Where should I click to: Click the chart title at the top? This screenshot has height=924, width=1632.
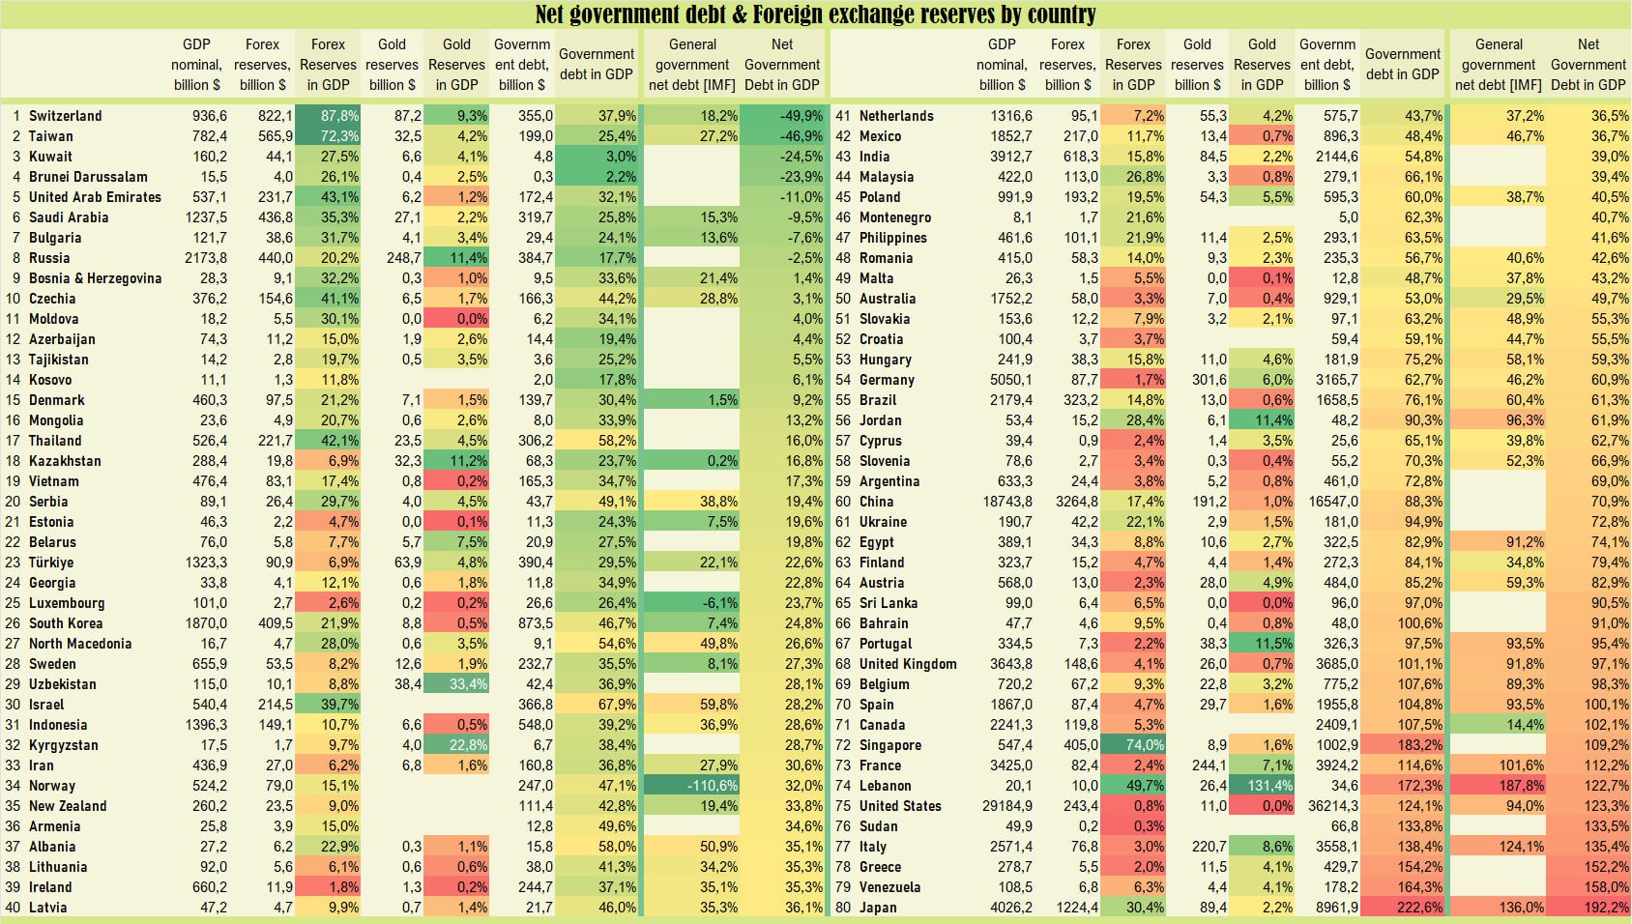(x=815, y=14)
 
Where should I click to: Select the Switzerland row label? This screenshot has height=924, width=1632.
(x=65, y=116)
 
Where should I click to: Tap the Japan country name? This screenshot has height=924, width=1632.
(x=878, y=908)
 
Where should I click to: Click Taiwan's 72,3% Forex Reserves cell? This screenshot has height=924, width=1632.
(x=329, y=136)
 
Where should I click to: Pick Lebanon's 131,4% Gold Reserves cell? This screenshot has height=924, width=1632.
(x=1263, y=786)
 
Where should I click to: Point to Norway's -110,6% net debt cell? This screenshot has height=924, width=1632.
(x=691, y=786)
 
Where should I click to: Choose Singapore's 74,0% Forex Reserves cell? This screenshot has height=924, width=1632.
(x=1134, y=745)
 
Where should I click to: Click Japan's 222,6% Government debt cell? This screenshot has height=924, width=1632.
(x=1403, y=908)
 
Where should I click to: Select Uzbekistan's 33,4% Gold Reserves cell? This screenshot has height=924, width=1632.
(x=457, y=684)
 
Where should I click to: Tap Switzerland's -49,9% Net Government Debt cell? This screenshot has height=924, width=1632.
(x=782, y=116)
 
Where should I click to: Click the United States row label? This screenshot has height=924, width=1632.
(x=900, y=806)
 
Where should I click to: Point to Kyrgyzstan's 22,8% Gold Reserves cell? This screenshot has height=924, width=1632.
(x=457, y=745)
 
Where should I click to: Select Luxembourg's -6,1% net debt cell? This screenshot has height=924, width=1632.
(x=691, y=603)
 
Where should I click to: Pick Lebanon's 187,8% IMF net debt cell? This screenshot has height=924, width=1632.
(x=1499, y=786)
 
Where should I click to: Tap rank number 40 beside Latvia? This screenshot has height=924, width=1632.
(x=13, y=908)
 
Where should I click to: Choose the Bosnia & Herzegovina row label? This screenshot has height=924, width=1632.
(x=95, y=278)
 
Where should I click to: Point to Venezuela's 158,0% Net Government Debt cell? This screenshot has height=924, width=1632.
(x=1588, y=887)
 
